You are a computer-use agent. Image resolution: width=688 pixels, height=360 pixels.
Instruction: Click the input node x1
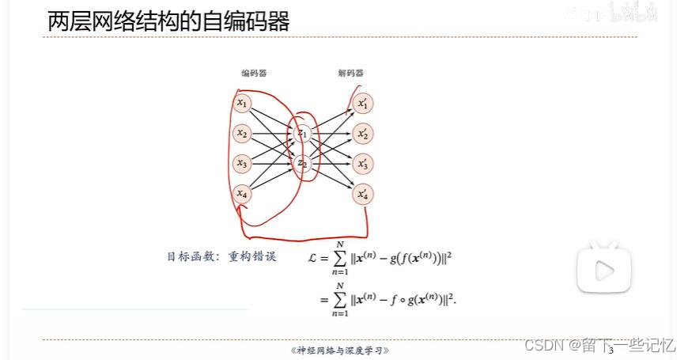pos(243,103)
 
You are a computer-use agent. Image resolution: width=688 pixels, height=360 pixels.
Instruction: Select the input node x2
pos(243,133)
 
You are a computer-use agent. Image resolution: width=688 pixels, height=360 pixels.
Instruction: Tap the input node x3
pos(243,163)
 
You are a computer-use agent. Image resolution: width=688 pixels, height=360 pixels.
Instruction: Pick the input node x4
pos(243,193)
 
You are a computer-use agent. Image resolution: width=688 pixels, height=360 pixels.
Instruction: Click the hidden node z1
pos(301,133)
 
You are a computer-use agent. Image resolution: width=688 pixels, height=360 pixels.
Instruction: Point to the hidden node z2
pos(301,163)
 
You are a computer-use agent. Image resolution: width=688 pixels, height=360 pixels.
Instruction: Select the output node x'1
pos(363,103)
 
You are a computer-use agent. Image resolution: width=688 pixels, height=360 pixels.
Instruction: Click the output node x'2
pos(363,133)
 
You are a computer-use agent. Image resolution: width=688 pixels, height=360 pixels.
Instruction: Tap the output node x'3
pos(363,163)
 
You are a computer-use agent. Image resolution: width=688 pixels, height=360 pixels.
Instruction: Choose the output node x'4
pos(363,193)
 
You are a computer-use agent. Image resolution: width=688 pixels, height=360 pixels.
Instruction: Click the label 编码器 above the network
pos(254,74)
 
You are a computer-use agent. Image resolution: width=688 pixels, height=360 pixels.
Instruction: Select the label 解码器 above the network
pos(350,74)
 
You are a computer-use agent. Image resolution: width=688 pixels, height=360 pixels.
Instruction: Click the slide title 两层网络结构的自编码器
pos(168,21)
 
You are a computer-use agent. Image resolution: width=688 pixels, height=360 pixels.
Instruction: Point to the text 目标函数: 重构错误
pos(221,256)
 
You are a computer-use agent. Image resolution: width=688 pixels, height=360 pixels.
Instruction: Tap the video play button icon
pos(603,269)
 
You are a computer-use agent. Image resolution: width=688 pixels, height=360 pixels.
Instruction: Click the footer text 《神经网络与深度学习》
pos(341,350)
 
